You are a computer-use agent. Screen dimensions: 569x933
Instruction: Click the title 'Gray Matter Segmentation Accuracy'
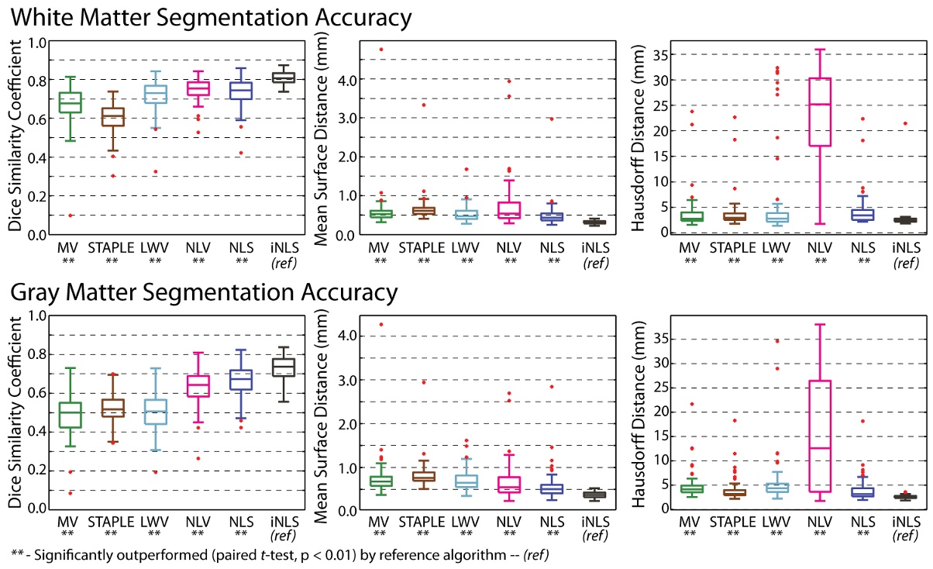pos(204,292)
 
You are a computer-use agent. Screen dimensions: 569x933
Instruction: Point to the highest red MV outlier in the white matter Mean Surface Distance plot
pos(380,49)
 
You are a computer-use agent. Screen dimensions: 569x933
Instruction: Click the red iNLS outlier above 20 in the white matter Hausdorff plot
pos(904,123)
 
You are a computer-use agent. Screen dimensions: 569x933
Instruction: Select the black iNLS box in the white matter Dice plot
pos(284,78)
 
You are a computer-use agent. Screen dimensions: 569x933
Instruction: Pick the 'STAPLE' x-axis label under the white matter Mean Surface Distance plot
pos(423,247)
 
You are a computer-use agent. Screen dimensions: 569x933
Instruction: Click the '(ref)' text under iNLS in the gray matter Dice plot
pos(284,534)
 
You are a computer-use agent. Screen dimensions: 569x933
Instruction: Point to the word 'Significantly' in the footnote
pos(70,554)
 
